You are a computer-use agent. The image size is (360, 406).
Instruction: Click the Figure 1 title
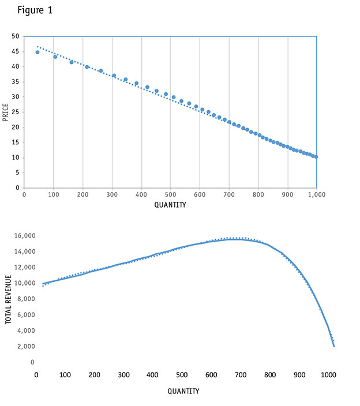[36, 10]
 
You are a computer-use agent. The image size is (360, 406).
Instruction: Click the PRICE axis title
[6, 112]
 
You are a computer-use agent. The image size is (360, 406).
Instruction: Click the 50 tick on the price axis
[16, 36]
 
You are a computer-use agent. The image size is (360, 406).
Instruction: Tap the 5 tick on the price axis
[17, 172]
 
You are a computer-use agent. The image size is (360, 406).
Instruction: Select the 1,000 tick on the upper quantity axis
[316, 195]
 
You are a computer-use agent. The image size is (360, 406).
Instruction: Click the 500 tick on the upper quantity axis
[170, 195]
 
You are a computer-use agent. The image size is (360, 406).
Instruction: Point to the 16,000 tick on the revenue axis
[24, 236]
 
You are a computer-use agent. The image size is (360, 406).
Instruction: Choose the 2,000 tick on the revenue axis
[25, 347]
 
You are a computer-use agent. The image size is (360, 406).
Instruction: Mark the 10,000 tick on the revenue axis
[24, 283]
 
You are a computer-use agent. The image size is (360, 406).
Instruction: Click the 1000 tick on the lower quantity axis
[328, 375]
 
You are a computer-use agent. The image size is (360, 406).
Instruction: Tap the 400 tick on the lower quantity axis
[152, 375]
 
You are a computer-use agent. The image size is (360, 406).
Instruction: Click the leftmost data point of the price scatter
[37, 52]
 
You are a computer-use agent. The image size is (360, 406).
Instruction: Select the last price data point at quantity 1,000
[316, 157]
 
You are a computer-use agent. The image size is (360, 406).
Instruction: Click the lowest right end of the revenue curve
[334, 346]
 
